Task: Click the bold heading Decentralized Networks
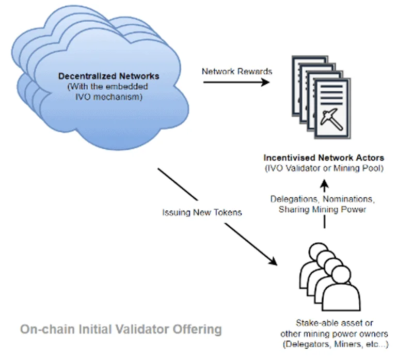coord(108,76)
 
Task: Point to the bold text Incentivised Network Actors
coord(324,157)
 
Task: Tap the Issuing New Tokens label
coord(202,212)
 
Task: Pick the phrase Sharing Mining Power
coord(323,210)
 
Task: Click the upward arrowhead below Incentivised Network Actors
coord(324,184)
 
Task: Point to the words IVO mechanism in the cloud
coord(109,96)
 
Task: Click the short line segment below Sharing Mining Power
coord(324,222)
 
